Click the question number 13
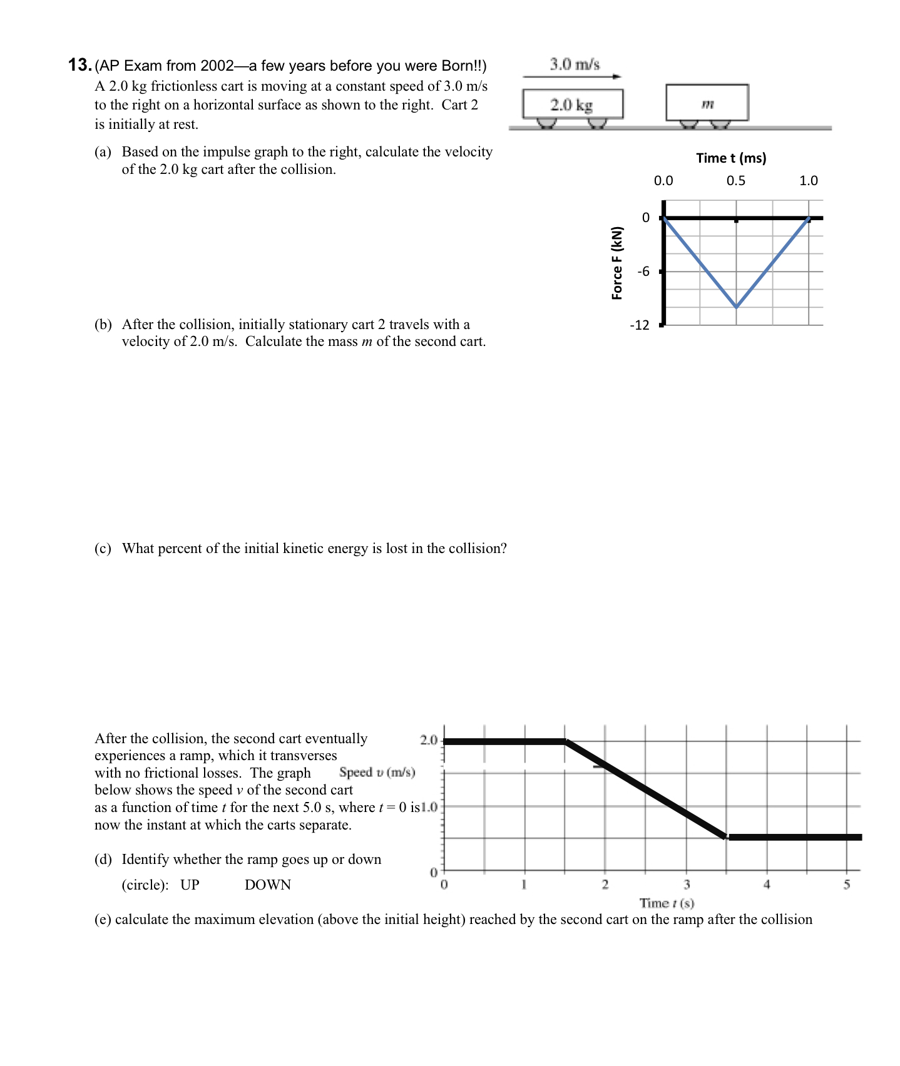coord(80,65)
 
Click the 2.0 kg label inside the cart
coord(571,104)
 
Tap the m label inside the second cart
coord(707,103)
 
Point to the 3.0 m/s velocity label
coord(575,64)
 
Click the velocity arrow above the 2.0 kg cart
coord(571,77)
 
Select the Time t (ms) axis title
coord(731,158)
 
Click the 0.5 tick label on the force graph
coord(735,181)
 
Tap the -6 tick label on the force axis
coord(643,272)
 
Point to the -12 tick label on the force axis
coord(640,325)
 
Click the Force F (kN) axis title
coord(617,263)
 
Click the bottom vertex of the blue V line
coord(737,307)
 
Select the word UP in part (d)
coord(190,885)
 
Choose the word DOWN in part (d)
coord(268,885)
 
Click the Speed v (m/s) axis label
coord(377,772)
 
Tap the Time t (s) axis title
coord(667,903)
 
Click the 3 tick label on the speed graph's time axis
coord(687,885)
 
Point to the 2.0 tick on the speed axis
coord(428,740)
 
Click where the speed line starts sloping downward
coord(566,741)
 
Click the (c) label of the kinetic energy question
coord(103,549)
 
